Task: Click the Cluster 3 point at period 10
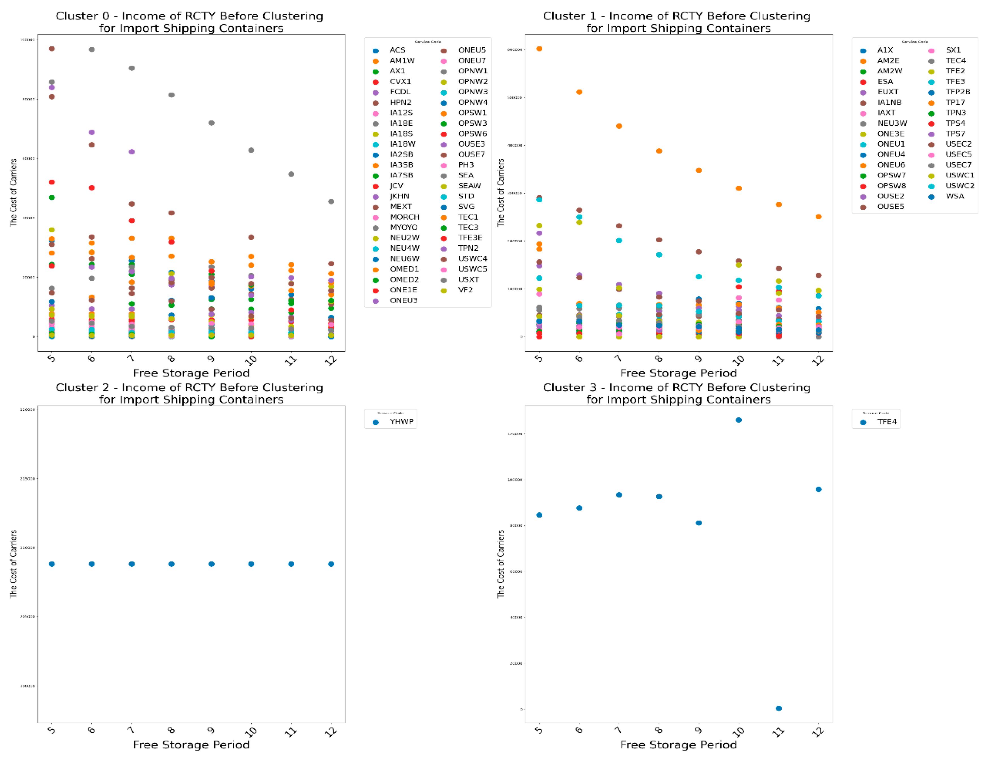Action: pyautogui.click(x=738, y=420)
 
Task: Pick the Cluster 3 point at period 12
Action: pyautogui.click(x=819, y=489)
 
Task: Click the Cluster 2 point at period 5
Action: pyautogui.click(x=52, y=564)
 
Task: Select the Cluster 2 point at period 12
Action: pyautogui.click(x=331, y=564)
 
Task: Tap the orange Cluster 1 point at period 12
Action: pyautogui.click(x=819, y=217)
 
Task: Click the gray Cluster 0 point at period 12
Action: pyautogui.click(x=331, y=201)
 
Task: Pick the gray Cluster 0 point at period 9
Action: pyautogui.click(x=211, y=123)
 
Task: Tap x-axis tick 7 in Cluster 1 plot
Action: pyautogui.click(x=619, y=358)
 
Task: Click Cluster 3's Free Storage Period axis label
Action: pyautogui.click(x=678, y=744)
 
